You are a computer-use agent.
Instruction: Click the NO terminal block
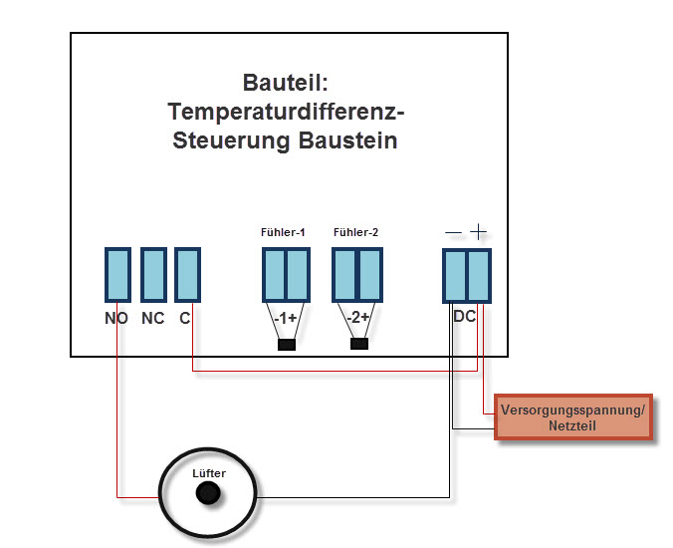(117, 274)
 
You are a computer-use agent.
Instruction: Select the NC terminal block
(153, 274)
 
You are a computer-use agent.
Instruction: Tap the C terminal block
(188, 274)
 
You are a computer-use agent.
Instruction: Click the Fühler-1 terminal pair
(287, 274)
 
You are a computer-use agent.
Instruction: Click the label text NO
(116, 319)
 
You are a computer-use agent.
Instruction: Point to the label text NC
(152, 319)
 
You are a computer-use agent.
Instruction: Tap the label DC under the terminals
(465, 317)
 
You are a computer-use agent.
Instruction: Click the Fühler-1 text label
(283, 232)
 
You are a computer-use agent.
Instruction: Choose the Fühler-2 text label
(356, 232)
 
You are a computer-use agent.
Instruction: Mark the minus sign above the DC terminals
(454, 232)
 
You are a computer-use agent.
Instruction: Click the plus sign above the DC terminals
(479, 231)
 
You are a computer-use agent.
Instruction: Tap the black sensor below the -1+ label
(287, 345)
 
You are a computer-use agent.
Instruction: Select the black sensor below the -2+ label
(359, 345)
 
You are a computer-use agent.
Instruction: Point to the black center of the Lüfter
(207, 492)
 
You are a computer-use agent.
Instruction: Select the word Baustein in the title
(348, 140)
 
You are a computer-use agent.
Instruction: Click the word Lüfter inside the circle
(207, 472)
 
